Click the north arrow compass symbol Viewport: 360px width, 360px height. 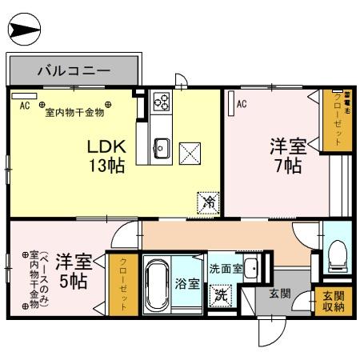[x=23, y=31]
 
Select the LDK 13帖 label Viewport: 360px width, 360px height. [x=105, y=156]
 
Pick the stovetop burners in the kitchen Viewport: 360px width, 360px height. [x=162, y=102]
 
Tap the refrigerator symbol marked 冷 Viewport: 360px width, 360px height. [x=207, y=202]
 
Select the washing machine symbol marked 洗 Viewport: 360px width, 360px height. [x=220, y=294]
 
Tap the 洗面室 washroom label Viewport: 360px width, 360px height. [x=226, y=270]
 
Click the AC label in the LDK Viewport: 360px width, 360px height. [x=24, y=105]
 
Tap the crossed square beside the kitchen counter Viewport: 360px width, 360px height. [x=190, y=151]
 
